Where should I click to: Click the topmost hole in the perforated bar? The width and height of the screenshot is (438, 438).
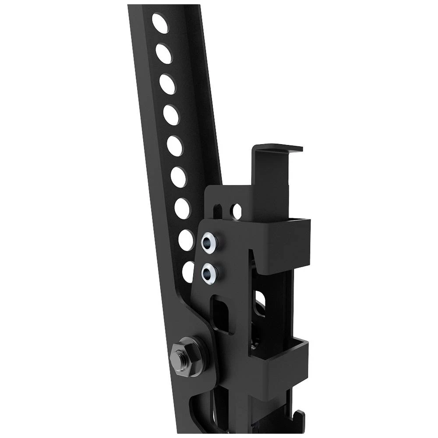pyautogui.click(x=160, y=24)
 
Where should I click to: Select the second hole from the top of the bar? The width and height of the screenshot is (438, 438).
pyautogui.click(x=164, y=53)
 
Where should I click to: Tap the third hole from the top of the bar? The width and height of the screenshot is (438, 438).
pyautogui.click(x=167, y=84)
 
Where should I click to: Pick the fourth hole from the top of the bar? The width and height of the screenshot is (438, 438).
pyautogui.click(x=171, y=115)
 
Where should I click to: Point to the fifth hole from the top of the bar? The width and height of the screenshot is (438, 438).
pyautogui.click(x=174, y=146)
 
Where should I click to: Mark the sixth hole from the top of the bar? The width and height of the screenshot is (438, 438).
pyautogui.click(x=178, y=177)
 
